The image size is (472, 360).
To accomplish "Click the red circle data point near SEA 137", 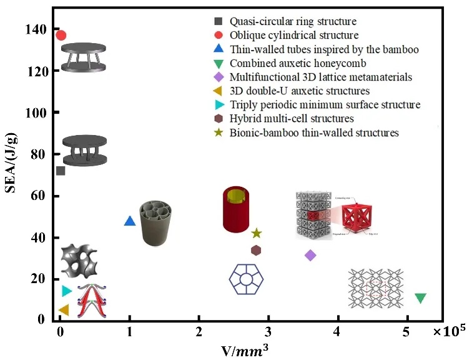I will click(x=61, y=35).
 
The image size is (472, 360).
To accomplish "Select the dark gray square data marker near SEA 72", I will click(x=61, y=171).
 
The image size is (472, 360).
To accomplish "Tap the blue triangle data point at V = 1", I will click(x=129, y=221).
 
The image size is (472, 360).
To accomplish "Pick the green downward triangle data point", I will click(x=420, y=298).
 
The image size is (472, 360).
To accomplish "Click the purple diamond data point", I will click(x=310, y=255).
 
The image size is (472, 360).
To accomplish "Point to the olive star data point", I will click(x=256, y=233).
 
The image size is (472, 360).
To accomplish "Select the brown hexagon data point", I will click(x=256, y=251).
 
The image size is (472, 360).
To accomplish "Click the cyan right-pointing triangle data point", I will click(x=67, y=291).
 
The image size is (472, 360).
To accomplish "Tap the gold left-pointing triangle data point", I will click(x=63, y=310).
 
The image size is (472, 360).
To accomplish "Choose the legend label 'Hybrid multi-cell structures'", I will click(x=292, y=118).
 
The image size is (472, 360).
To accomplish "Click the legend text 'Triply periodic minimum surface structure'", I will click(x=325, y=104).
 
